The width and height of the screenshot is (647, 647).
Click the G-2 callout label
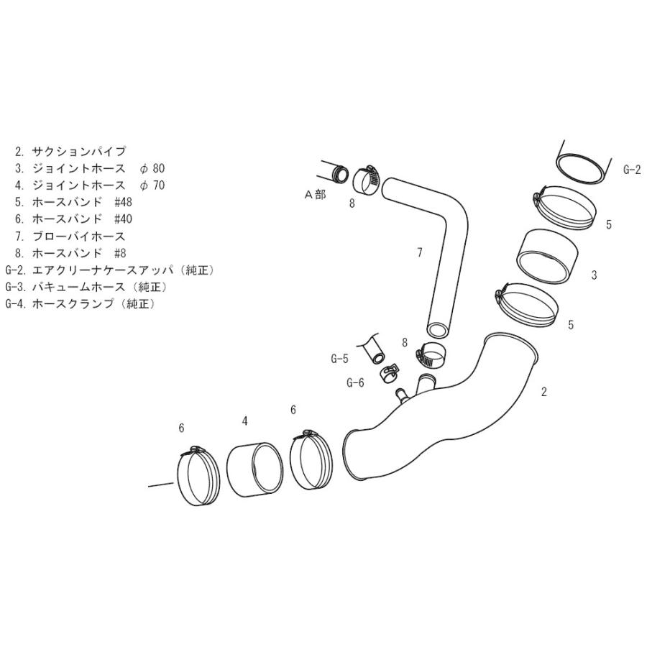point(632,169)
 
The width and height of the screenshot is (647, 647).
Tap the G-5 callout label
point(339,359)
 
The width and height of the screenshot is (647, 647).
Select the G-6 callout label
point(355,383)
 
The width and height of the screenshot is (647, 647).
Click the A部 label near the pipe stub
point(315,194)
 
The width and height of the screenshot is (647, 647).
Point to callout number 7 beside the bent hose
point(420,252)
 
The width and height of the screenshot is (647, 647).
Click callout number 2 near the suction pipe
point(544,392)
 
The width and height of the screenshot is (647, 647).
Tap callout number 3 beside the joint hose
point(594,275)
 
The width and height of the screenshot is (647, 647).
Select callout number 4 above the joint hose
point(244,421)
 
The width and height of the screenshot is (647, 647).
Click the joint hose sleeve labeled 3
point(547,257)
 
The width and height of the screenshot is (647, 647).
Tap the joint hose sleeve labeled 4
point(255,470)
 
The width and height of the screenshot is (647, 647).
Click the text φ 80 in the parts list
point(152,168)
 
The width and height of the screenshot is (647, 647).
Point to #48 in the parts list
point(123,202)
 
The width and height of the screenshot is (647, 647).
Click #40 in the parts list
point(123,219)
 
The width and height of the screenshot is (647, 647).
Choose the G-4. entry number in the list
point(16,303)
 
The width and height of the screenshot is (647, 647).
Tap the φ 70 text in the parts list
point(152,185)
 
